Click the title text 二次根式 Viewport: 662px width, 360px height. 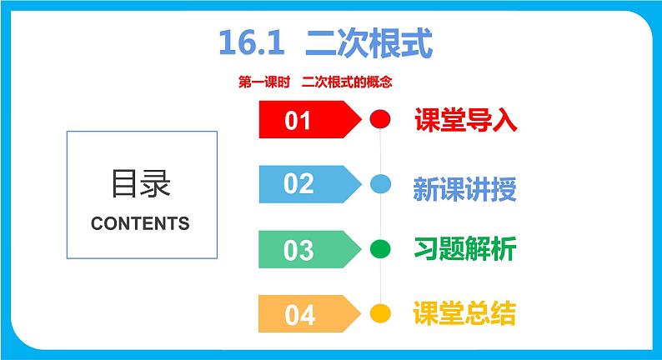369,43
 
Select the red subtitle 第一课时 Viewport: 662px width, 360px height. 262,82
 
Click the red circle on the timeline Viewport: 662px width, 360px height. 379,120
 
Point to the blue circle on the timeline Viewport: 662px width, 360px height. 379,184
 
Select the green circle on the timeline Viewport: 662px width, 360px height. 379,248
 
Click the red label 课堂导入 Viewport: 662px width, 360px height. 465,121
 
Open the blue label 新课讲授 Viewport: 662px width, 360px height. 465,189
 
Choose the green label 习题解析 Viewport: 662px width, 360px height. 465,249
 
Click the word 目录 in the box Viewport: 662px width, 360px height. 140,184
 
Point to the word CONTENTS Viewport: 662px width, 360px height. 140,223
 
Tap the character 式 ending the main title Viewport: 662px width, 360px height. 417,43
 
